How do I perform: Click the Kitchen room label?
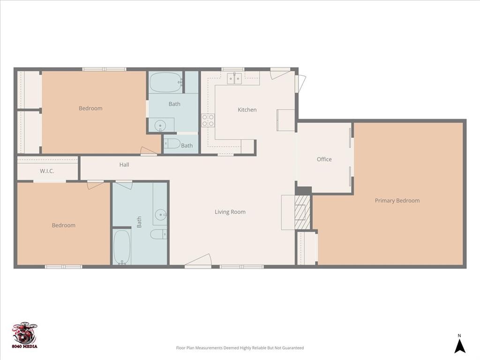(247, 110)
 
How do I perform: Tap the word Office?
(324, 159)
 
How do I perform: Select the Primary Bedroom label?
(397, 201)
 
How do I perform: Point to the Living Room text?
(230, 212)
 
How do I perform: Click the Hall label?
(124, 165)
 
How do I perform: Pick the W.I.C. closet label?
(47, 171)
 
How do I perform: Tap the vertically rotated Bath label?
(139, 222)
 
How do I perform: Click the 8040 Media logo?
(25, 335)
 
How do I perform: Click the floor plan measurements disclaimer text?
(240, 348)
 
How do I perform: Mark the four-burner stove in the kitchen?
(208, 120)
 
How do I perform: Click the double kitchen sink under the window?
(234, 78)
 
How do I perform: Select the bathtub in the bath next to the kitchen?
(165, 82)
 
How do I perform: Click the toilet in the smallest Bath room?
(172, 144)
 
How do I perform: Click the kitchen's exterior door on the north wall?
(280, 73)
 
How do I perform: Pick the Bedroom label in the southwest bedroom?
(63, 225)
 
